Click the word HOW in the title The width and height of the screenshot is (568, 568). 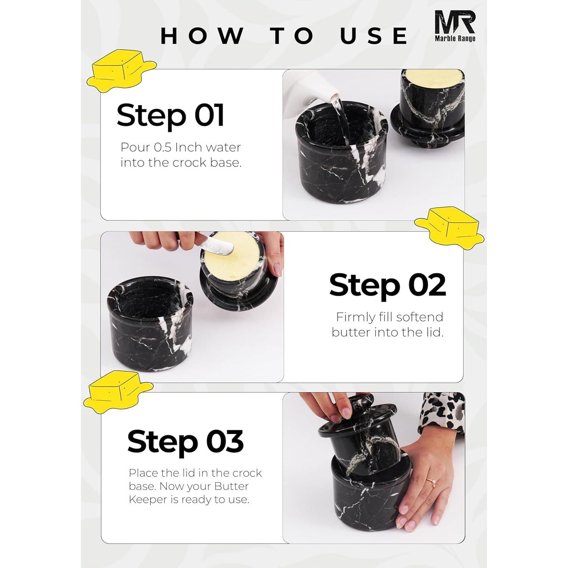coord(203,36)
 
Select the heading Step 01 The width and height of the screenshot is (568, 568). coord(170,115)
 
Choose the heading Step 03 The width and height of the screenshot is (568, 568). coord(185,441)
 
